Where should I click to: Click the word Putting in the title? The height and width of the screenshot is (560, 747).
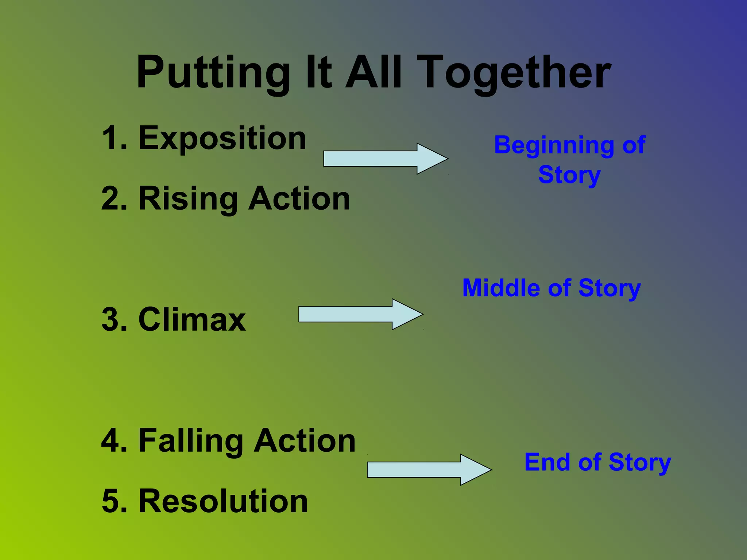(x=213, y=73)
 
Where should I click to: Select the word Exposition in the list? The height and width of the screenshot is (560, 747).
(x=222, y=139)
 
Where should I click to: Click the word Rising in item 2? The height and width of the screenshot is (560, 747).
(x=188, y=199)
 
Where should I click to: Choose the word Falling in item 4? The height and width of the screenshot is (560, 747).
(x=190, y=441)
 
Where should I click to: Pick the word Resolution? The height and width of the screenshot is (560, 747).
(x=223, y=501)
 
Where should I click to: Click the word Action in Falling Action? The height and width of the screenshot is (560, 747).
(x=305, y=441)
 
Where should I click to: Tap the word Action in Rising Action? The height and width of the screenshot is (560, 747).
(x=299, y=199)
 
